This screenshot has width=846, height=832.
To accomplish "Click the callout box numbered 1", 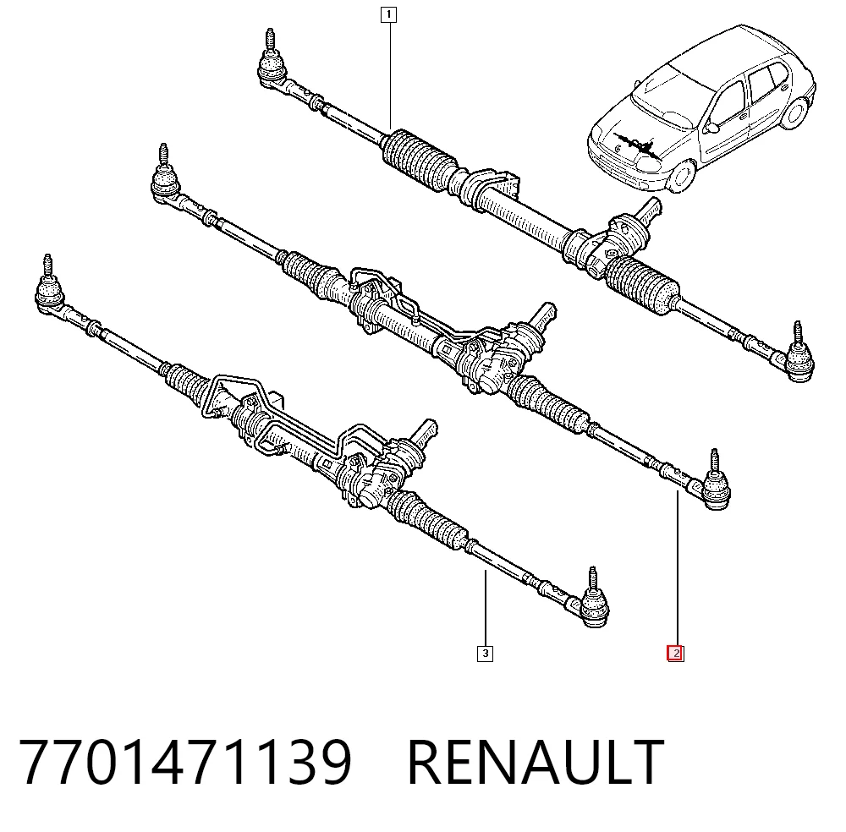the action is point(388,14).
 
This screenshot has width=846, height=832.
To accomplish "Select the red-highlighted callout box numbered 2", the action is point(675,654).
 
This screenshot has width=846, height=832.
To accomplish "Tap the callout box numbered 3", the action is point(485,654).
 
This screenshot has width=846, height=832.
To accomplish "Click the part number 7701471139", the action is point(185,763).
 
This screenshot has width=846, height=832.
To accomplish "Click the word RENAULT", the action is point(536,763).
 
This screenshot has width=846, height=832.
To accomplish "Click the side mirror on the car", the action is point(711,128).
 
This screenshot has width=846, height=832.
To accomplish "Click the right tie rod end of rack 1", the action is point(798,357).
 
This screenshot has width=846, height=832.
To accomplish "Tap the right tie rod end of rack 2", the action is point(713,484).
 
